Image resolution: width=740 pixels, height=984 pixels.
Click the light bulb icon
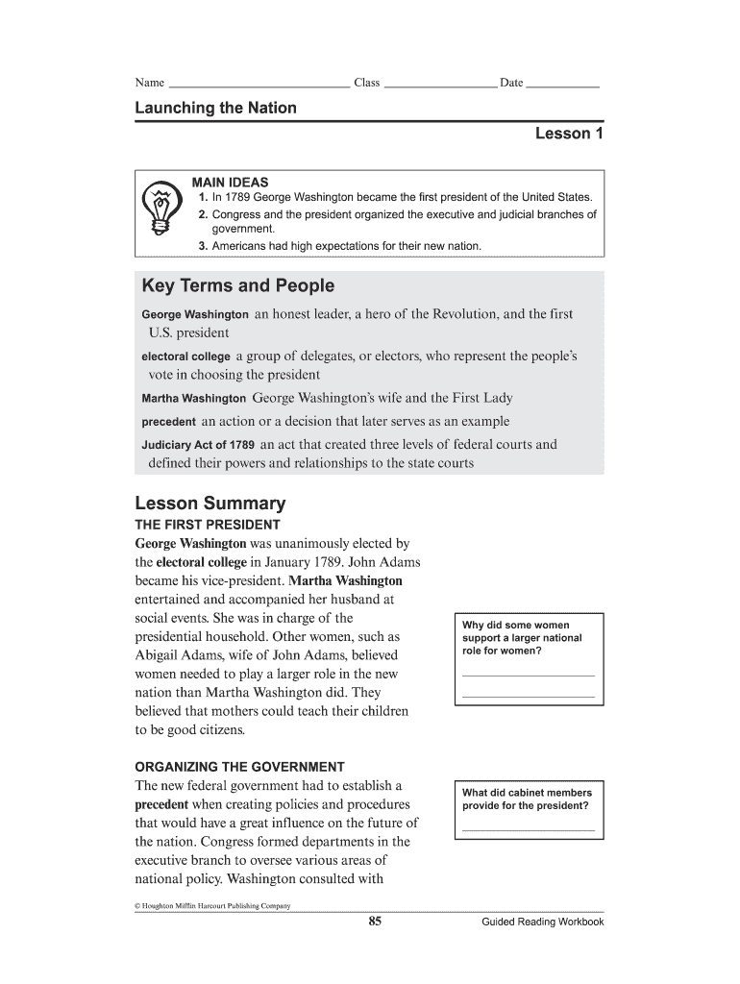click(160, 209)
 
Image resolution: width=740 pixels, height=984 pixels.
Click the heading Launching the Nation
click(215, 108)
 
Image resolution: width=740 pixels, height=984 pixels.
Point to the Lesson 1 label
click(569, 134)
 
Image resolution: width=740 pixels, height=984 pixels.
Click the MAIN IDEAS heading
click(230, 182)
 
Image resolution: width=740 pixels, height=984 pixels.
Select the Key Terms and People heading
click(237, 285)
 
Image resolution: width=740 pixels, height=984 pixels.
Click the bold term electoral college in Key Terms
click(185, 357)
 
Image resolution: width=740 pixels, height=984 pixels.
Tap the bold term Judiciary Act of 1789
click(198, 445)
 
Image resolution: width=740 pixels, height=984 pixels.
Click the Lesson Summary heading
click(210, 504)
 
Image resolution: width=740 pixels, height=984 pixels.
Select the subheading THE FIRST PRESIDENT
click(207, 525)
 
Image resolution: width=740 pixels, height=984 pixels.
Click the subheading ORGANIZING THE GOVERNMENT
click(238, 767)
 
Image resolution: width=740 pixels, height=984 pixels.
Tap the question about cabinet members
click(527, 799)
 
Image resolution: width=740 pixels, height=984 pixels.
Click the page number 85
click(375, 922)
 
